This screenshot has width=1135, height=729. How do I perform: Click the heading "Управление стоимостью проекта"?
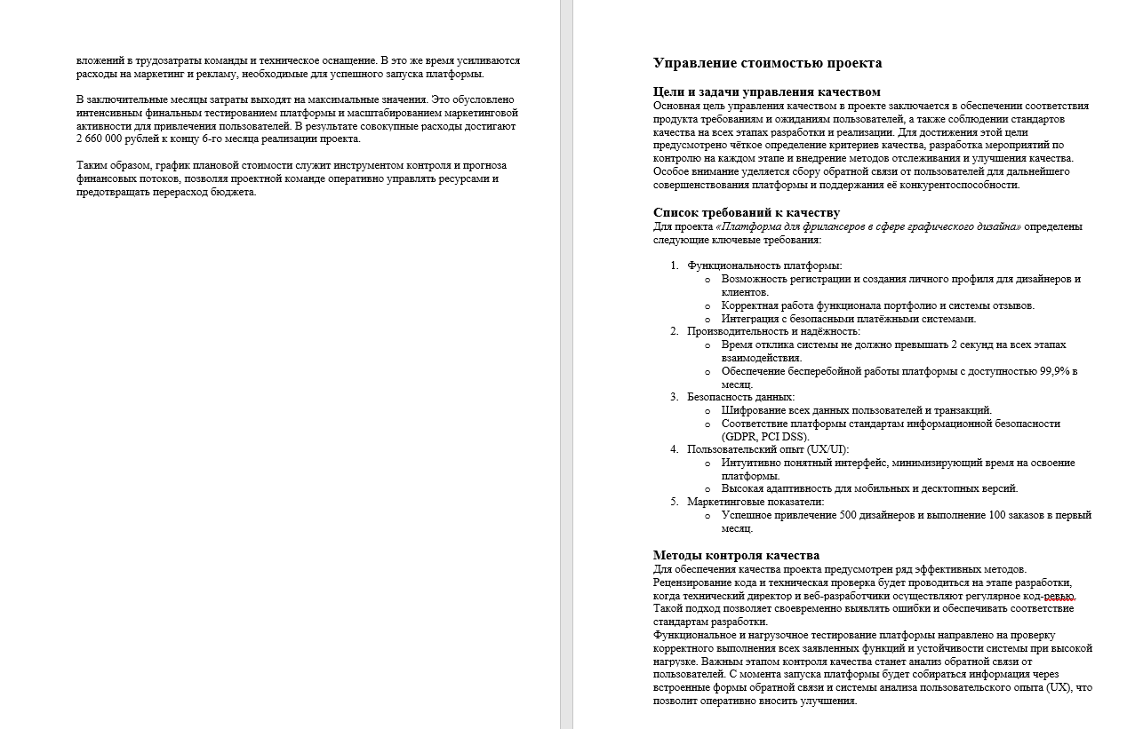767,63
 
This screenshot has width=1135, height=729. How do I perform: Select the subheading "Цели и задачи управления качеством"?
766,91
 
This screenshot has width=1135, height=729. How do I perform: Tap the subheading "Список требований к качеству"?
746,212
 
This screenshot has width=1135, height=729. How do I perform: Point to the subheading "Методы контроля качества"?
736,555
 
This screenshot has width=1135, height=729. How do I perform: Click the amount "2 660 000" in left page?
102,139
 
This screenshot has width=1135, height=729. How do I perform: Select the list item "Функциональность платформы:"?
764,265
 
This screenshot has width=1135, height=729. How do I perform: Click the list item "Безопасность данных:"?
740,397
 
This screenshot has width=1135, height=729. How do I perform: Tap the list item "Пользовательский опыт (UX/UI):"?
768,449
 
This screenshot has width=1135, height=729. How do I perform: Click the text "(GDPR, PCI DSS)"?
765,437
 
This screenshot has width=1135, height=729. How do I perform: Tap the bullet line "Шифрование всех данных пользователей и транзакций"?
856,410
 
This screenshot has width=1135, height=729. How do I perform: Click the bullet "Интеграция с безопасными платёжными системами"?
848,319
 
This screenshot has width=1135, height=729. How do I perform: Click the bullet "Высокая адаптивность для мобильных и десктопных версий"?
869,488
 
